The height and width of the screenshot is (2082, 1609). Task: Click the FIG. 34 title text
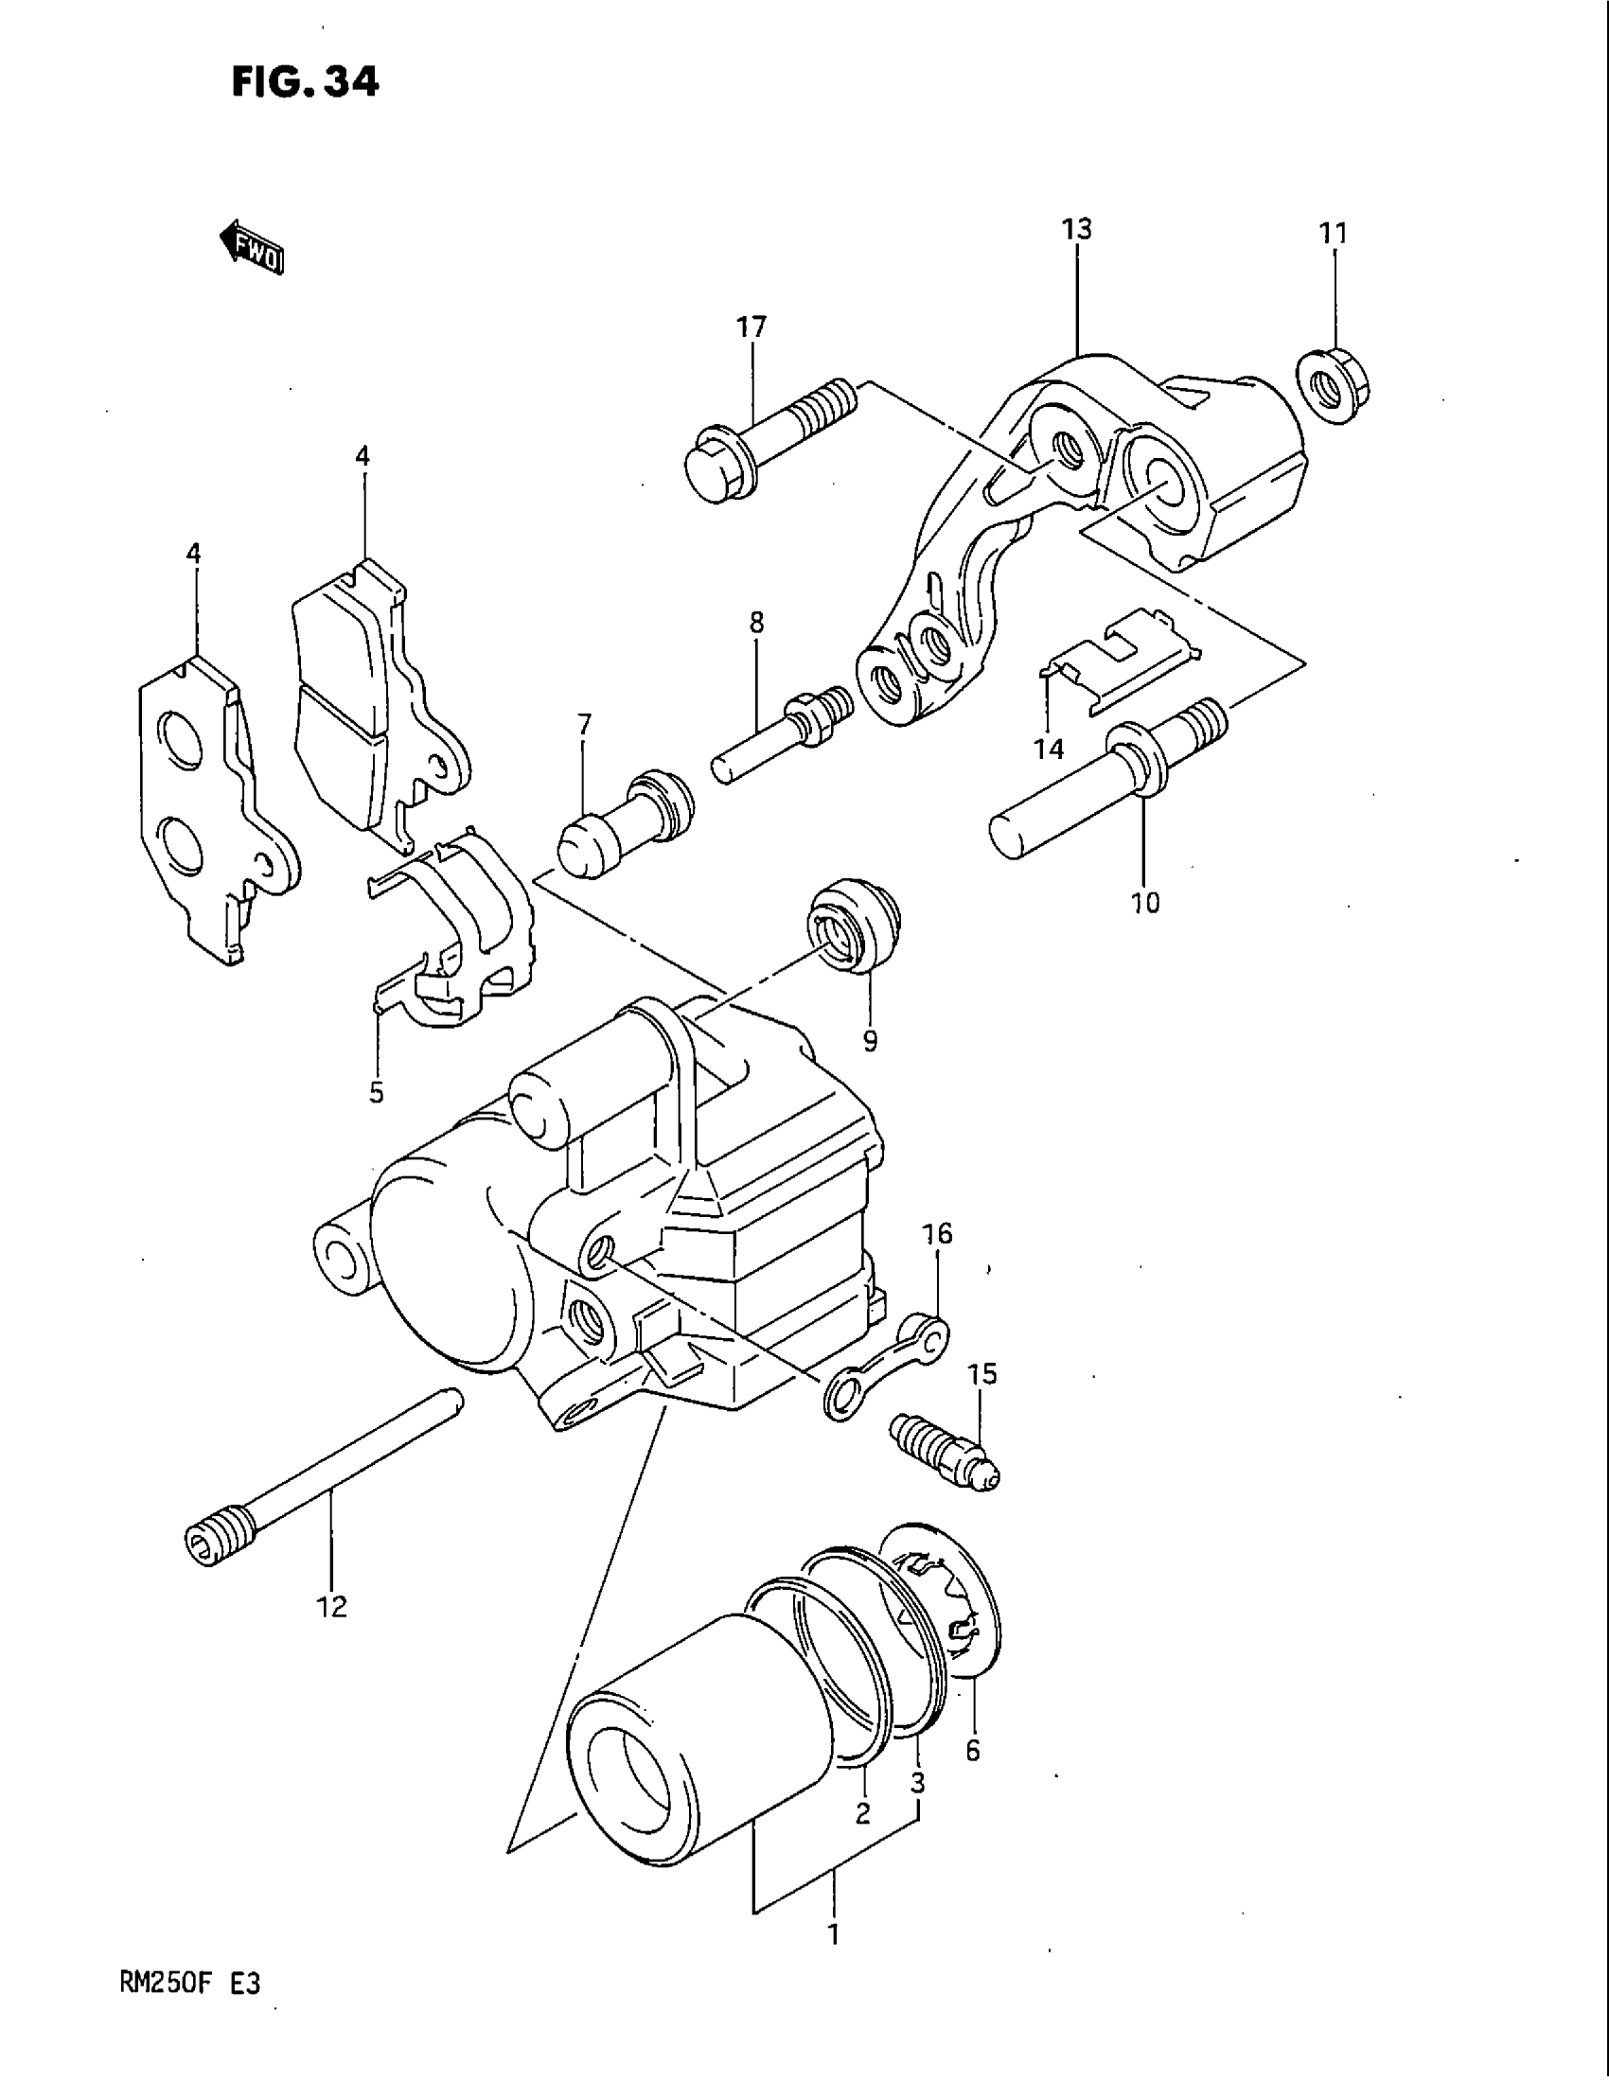point(305,83)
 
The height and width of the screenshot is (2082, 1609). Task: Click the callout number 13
point(1076,230)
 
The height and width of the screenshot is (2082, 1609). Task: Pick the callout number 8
point(756,624)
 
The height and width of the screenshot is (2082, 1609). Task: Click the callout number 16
point(937,1233)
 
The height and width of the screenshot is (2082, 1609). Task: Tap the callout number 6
point(972,1750)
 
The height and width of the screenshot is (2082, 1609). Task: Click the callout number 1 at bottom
point(833,1935)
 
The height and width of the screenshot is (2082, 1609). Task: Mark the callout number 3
point(917,1783)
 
